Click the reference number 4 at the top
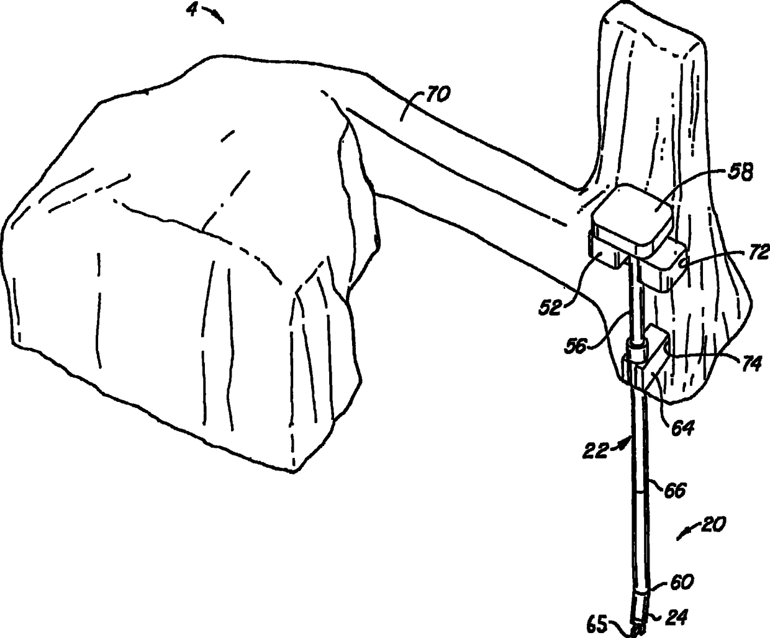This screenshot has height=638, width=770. (194, 11)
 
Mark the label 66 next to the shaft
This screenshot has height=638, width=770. (674, 490)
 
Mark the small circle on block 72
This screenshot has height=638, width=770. (682, 263)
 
